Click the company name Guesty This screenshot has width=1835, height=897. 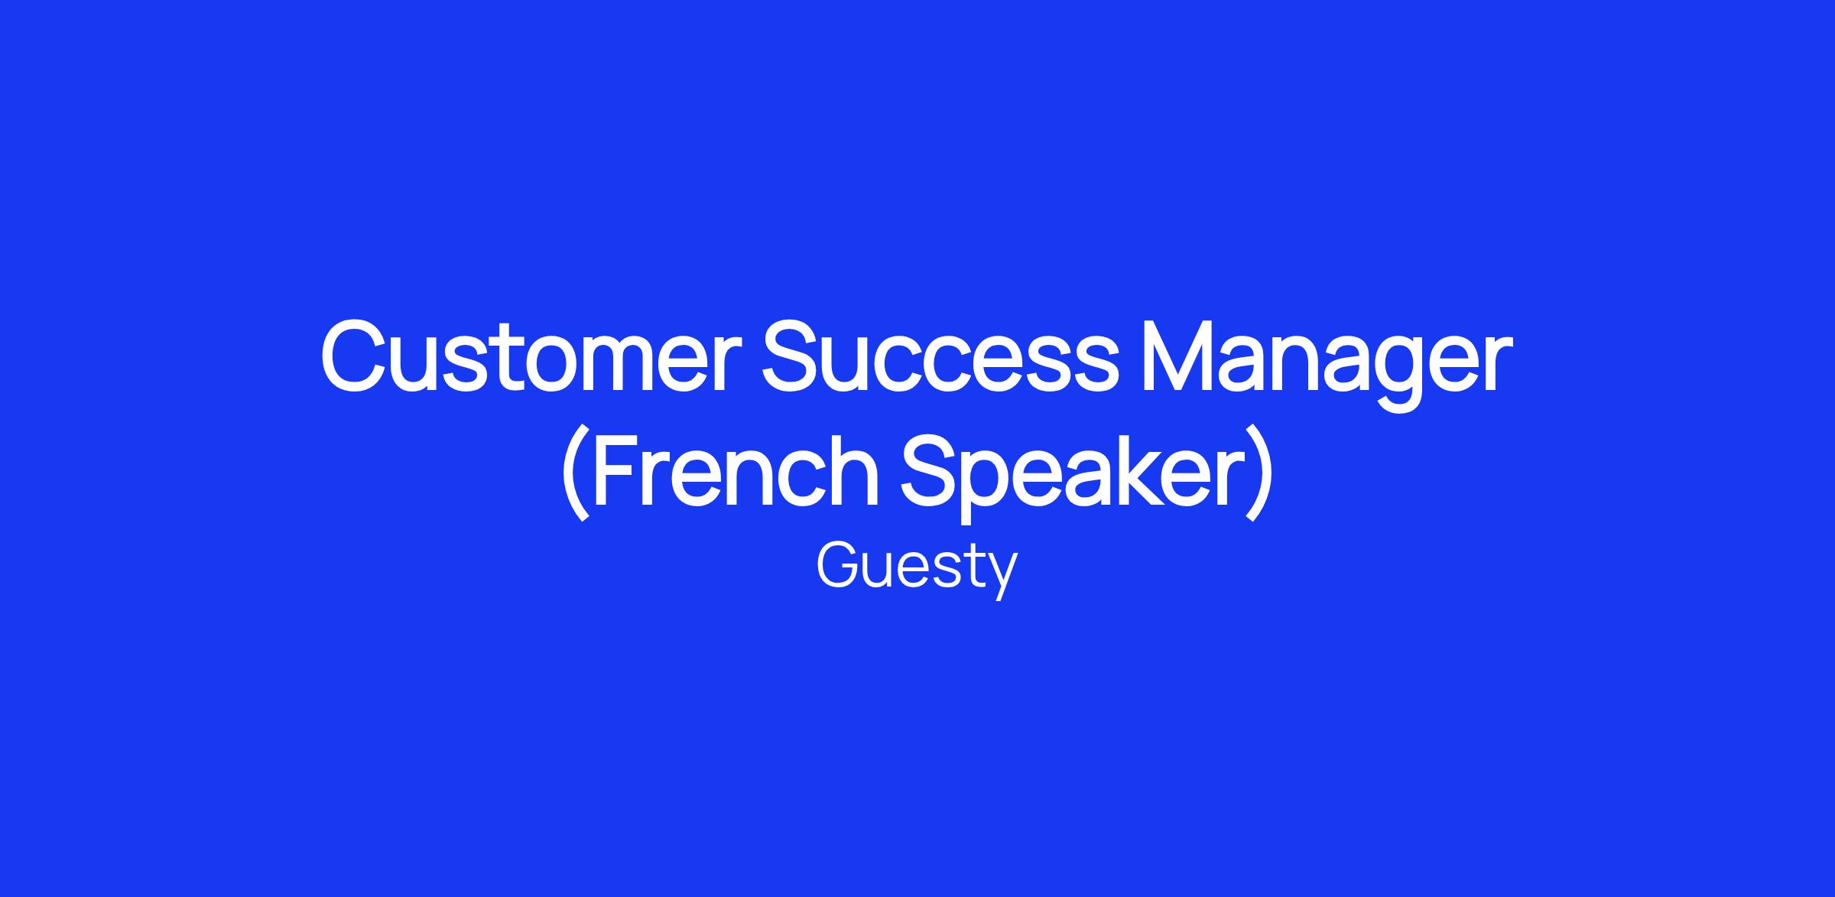pyautogui.click(x=917, y=570)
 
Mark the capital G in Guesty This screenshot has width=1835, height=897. pyautogui.click(x=840, y=565)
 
